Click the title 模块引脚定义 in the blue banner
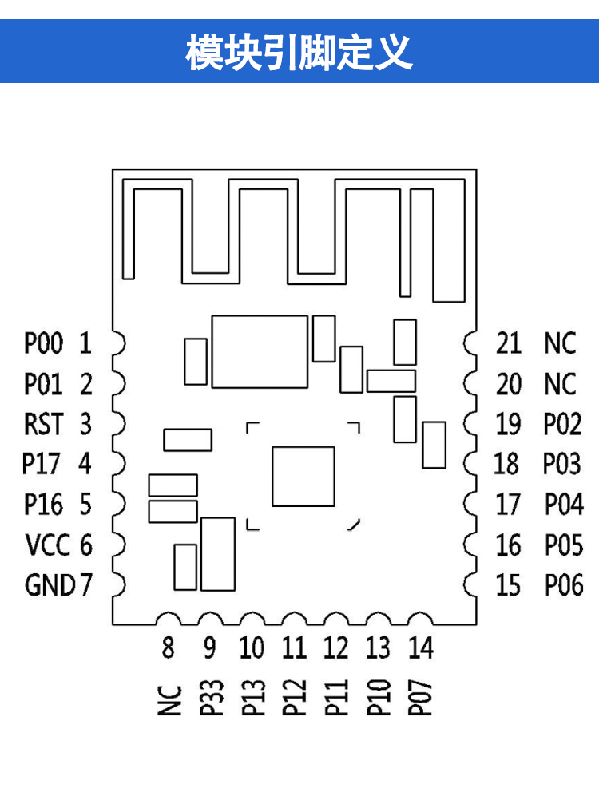point(299,53)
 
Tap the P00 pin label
point(43,344)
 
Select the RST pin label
point(43,424)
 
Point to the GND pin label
point(50,585)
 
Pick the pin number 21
point(508,344)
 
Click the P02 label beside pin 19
point(563,424)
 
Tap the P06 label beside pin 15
point(564,585)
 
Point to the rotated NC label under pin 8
point(169,700)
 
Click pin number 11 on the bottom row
point(294,647)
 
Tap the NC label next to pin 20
point(560,384)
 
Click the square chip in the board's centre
point(303,477)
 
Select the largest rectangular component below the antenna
point(260,351)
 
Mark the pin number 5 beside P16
point(85,505)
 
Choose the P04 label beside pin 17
point(564,505)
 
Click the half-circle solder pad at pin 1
point(119,344)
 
